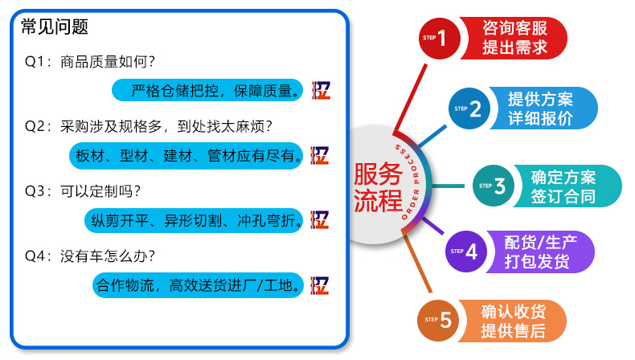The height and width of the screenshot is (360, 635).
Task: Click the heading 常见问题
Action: point(55,27)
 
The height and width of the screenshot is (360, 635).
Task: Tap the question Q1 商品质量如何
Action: point(90,62)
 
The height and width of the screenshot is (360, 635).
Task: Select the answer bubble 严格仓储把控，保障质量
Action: point(207,89)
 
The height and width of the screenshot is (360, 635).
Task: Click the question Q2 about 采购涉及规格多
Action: point(149,126)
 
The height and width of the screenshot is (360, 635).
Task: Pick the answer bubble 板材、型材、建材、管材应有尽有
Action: point(189,155)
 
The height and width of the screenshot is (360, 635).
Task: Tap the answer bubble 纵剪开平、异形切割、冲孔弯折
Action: point(194,219)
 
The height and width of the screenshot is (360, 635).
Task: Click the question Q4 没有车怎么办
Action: point(90,256)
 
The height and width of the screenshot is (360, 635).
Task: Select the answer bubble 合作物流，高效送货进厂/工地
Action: point(199,284)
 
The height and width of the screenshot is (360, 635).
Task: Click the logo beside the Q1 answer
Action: point(320,90)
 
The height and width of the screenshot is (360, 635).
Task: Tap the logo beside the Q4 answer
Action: point(320,284)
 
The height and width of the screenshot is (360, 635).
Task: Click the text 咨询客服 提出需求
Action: point(514,37)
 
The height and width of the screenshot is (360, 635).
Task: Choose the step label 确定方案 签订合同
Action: point(563,186)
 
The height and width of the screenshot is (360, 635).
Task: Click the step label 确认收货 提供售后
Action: point(513,321)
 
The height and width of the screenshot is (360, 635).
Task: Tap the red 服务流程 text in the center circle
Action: point(378,186)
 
